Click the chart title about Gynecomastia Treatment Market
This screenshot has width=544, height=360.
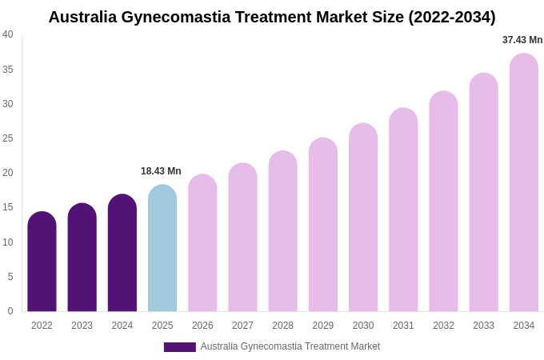coord(272,17)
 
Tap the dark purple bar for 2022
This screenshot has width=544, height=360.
coord(42,262)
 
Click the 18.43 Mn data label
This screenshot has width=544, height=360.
coord(161,171)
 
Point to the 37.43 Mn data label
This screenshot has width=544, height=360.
coord(522,40)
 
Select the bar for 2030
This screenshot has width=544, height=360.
coord(363,218)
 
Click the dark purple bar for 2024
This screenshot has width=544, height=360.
coord(122,253)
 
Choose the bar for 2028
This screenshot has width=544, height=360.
coord(282,231)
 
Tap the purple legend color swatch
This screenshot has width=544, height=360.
coord(179,347)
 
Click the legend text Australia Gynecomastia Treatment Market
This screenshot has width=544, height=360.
coord(290,346)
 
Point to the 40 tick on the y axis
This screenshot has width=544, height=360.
coord(8,34)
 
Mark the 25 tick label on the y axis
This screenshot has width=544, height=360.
coord(8,138)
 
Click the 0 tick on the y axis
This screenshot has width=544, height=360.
coord(10,311)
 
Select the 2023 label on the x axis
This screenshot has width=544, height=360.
coord(82,326)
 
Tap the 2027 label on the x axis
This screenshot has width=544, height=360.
coord(242,326)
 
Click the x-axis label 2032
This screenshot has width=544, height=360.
coord(443,326)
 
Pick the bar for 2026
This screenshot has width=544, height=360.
coord(202,243)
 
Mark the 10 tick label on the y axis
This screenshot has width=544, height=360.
coord(8,242)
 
